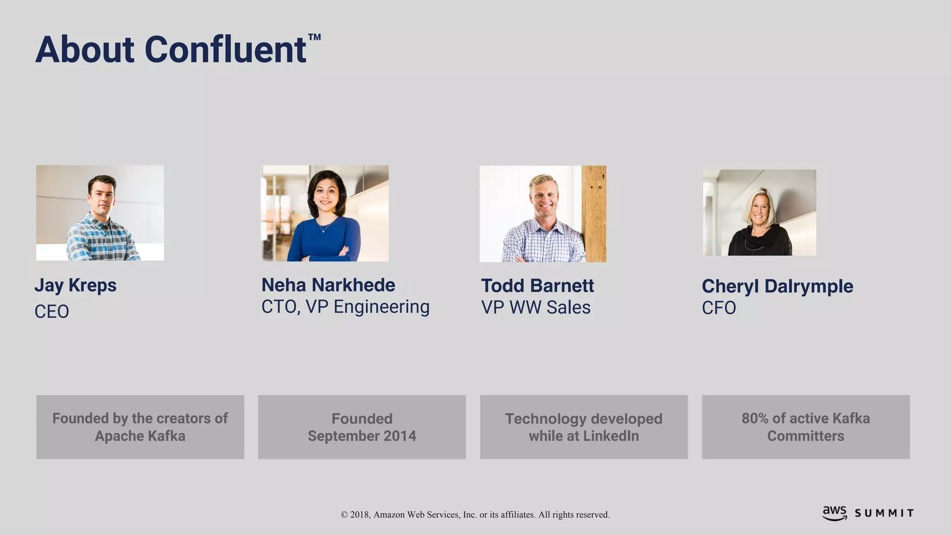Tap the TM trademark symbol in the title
314,38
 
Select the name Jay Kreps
75,285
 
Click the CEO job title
52,312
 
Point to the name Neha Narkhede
328,285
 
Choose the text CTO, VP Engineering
345,307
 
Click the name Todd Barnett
537,286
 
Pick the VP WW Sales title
535,307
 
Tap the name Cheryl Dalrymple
777,286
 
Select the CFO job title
718,308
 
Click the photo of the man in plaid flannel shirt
100,213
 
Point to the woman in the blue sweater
325,218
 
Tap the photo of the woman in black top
759,213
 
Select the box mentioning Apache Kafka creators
140,427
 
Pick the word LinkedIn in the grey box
611,436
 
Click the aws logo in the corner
834,513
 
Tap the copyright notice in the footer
475,515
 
